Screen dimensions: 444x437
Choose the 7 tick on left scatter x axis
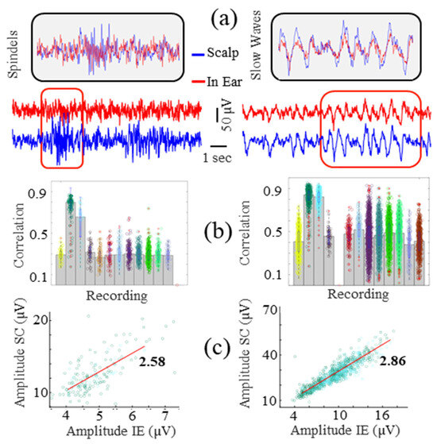pos(164,415)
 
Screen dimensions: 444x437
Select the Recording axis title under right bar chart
pos(356,295)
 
